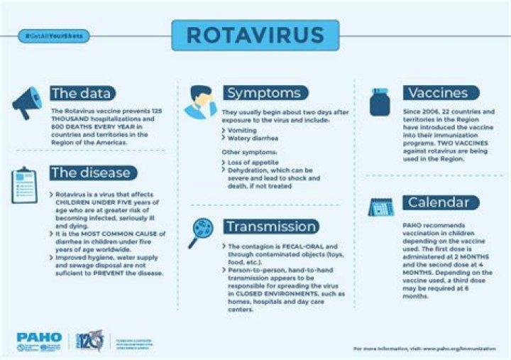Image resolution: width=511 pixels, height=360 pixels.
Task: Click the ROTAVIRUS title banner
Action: [256, 34]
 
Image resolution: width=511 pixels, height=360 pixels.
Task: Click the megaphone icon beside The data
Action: [26, 103]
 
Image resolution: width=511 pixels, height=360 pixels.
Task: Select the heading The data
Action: [82, 93]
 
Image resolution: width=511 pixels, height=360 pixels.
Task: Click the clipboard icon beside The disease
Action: [24, 186]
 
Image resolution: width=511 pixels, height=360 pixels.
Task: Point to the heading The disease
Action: [90, 173]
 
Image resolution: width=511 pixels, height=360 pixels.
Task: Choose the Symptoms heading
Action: [263, 93]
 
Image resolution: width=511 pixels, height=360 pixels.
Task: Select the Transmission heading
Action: [270, 227]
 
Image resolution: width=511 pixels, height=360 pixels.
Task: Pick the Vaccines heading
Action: [437, 93]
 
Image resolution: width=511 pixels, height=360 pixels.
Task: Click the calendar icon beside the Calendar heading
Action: [379, 207]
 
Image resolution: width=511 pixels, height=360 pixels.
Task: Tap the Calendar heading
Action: [438, 203]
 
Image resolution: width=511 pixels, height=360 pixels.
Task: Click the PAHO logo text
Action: [39, 338]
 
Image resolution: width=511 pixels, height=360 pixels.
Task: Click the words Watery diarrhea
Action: [251, 138]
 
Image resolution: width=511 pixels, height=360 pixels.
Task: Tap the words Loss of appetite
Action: [252, 163]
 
